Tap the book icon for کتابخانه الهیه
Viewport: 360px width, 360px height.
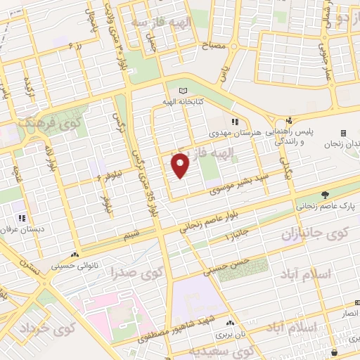tap(184, 91)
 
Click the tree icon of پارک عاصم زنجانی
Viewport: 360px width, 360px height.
tap(324, 195)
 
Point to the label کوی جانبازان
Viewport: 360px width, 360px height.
tap(310, 233)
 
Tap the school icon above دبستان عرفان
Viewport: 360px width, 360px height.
tap(22, 219)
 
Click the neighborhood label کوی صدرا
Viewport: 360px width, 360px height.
tap(157, 271)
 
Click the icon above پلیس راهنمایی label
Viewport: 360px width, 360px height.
tap(288, 120)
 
